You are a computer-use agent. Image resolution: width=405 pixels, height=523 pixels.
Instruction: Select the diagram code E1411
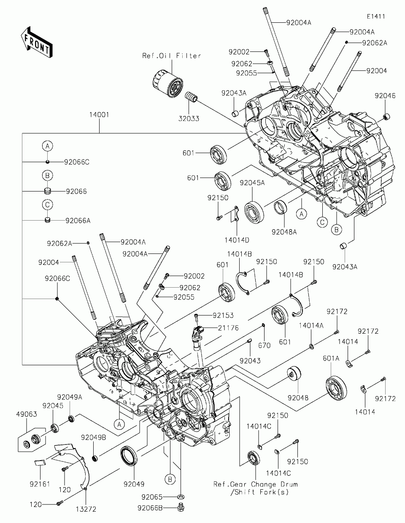375,16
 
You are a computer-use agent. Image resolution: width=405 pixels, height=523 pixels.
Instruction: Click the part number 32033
189,119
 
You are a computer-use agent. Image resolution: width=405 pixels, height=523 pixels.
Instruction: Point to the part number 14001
100,114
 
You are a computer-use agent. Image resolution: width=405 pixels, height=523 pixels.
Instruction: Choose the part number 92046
385,96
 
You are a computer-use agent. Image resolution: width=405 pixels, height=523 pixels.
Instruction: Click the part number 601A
331,358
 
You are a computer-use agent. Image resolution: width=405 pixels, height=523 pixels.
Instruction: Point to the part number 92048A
284,232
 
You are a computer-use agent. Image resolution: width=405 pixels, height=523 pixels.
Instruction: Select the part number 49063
27,414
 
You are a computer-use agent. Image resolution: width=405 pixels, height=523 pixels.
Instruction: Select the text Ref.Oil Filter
171,56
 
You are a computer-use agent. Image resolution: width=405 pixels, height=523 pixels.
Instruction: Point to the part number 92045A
252,183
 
